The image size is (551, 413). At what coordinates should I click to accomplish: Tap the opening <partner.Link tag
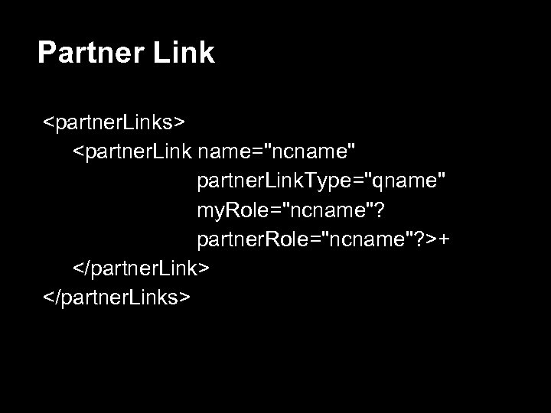(132, 151)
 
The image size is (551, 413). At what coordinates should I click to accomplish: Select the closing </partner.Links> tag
(116, 297)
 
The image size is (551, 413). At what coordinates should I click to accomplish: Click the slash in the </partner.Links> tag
(57, 297)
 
